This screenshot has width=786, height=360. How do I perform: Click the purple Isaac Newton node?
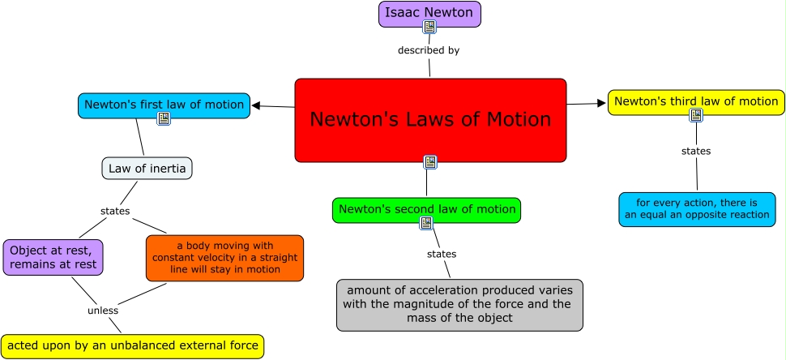429,13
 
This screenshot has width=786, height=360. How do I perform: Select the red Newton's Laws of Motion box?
430,120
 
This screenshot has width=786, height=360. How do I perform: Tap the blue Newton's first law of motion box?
164,105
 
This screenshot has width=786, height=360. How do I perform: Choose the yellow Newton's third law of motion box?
696,101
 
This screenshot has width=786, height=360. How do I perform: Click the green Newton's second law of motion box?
426,209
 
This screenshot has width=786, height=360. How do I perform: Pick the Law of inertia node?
147,169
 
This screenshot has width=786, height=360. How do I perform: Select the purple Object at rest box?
53,257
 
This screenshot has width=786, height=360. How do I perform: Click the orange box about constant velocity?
224,258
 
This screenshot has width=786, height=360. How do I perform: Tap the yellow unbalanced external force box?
132,346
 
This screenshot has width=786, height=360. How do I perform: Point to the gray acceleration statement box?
459,305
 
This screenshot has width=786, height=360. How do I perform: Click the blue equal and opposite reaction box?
696,209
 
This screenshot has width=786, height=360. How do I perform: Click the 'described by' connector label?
429,50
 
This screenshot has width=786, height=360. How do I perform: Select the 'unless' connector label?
103,310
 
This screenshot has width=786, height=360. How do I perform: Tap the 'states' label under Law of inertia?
115,211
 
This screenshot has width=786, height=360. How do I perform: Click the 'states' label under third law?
696,151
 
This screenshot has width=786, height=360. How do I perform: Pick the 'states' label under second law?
442,254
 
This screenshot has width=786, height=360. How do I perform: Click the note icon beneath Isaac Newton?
429,27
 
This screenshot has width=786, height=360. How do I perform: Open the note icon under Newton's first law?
164,118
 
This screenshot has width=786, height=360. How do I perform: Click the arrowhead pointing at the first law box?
256,105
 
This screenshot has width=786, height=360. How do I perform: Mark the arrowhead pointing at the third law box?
602,103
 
